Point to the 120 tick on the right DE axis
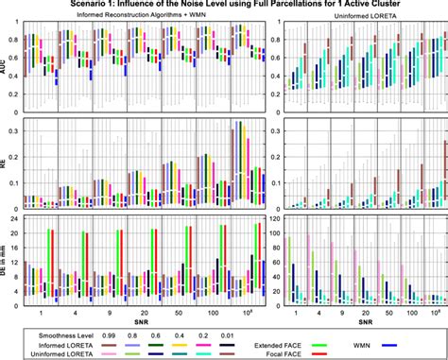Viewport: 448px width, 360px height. (x=271, y=219)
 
